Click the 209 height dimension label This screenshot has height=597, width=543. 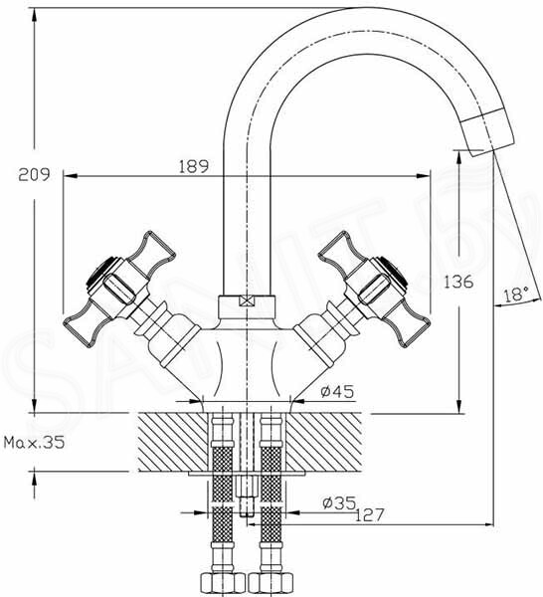(x=34, y=175)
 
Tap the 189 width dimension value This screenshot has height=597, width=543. (x=194, y=166)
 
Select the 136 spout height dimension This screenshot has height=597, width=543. (x=458, y=282)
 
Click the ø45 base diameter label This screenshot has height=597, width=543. (x=337, y=391)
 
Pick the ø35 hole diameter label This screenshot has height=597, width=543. (x=339, y=502)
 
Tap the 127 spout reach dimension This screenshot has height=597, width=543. (x=370, y=515)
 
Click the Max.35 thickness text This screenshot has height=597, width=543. (x=34, y=443)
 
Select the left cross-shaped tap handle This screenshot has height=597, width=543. (x=119, y=289)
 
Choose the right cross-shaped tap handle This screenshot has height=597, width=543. (x=375, y=289)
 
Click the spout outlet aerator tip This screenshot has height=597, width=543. (x=488, y=131)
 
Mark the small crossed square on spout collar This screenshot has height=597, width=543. (x=247, y=301)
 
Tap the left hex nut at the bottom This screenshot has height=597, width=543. (x=223, y=584)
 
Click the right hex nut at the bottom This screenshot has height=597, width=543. (x=271, y=584)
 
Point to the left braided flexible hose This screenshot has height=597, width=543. (x=223, y=495)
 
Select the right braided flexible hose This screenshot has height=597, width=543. (x=271, y=495)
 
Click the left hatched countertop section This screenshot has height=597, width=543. (x=173, y=443)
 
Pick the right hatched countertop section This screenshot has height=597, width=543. (x=323, y=443)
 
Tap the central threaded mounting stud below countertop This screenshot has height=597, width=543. (x=247, y=495)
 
